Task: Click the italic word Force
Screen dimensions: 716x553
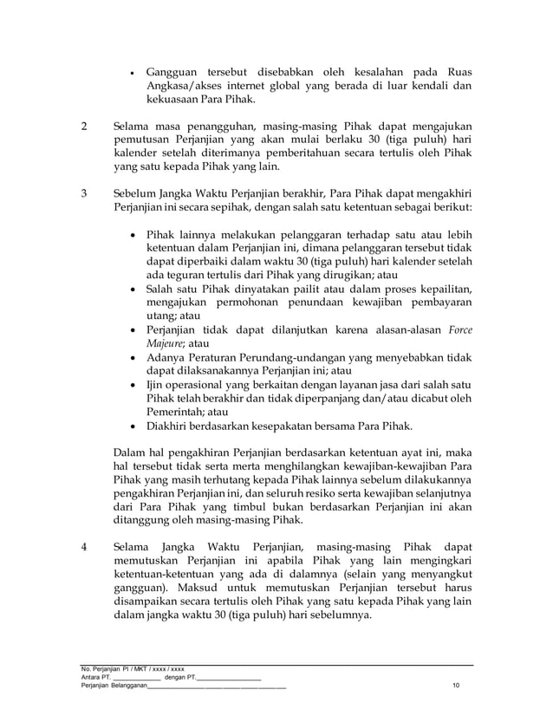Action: (x=455, y=329)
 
